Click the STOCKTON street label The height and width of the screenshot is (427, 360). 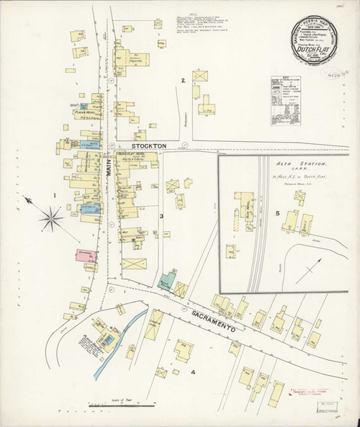(149, 145)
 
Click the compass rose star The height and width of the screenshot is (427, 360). (52, 212)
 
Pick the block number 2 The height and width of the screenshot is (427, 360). (184, 79)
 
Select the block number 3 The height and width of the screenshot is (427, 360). (162, 216)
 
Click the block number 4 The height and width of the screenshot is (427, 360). (193, 372)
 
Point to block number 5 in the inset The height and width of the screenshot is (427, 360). (276, 212)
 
